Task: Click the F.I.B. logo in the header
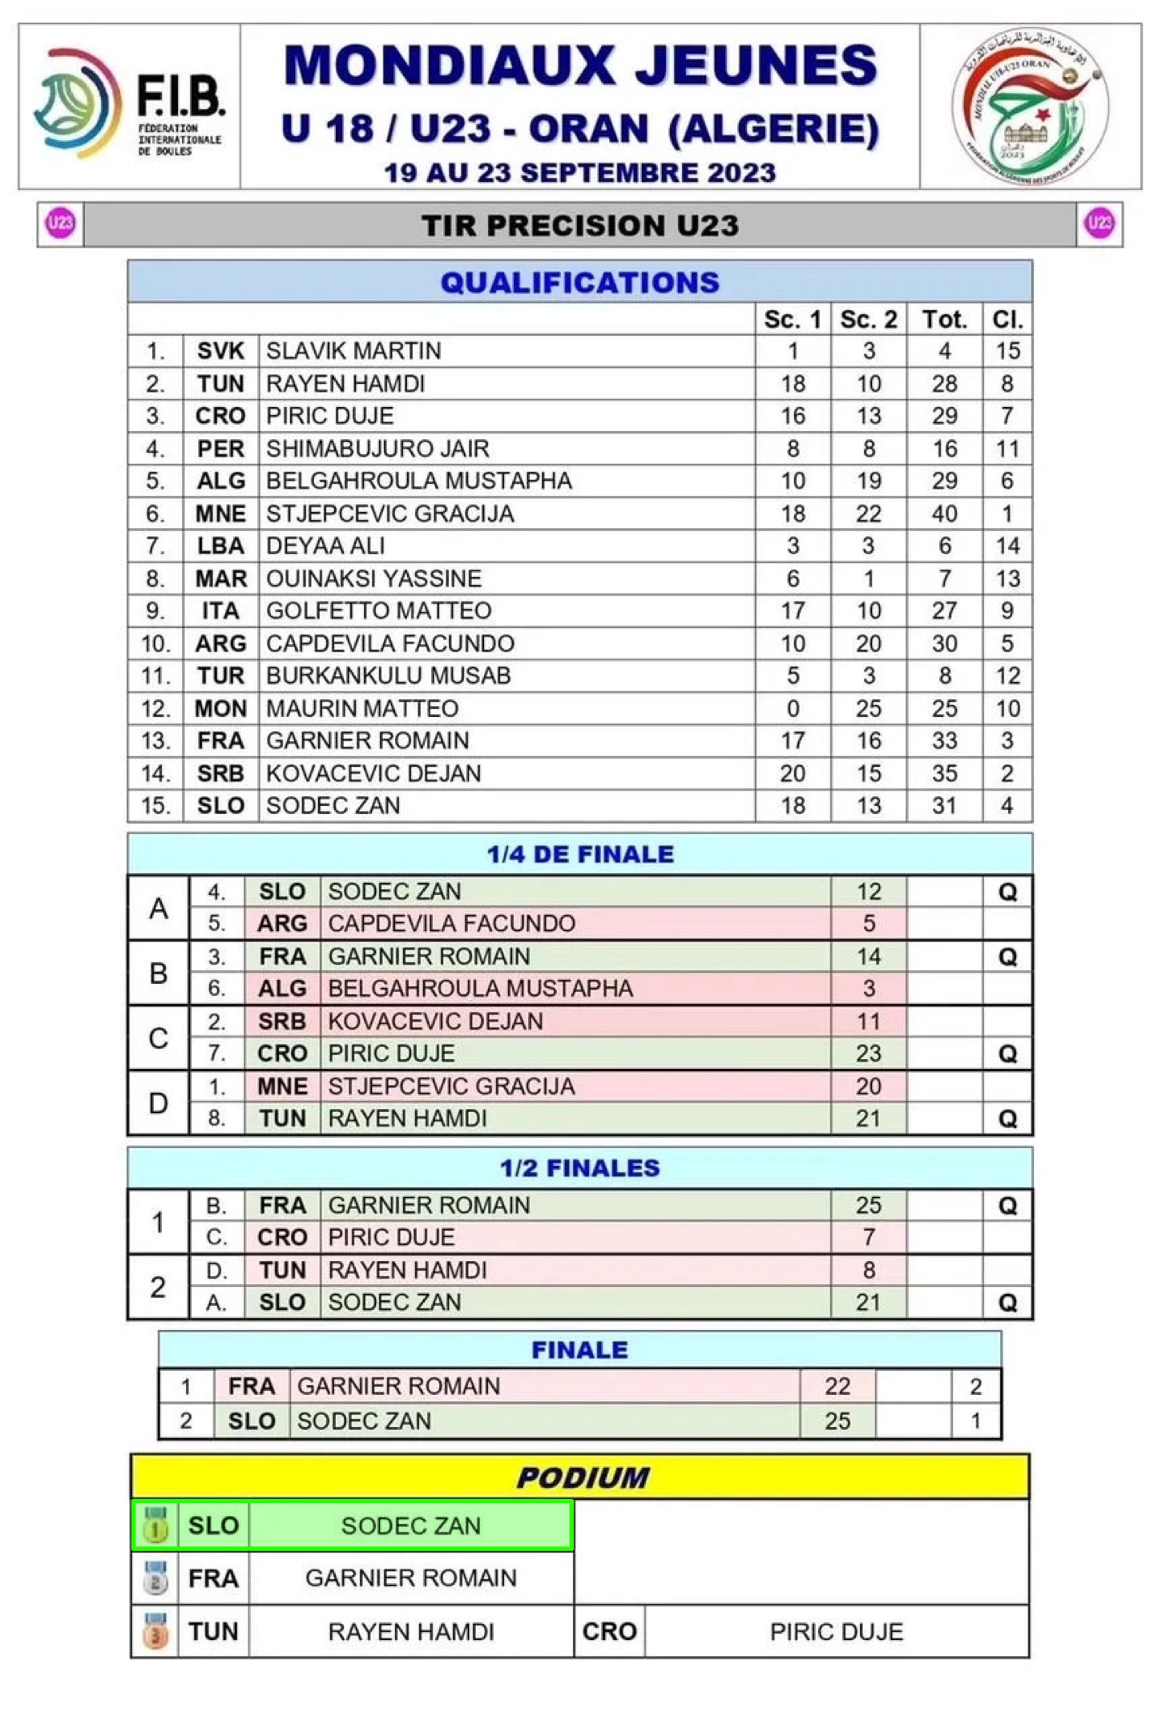128,105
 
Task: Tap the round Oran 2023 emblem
1030,107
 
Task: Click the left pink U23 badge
61,224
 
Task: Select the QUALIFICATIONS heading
579,282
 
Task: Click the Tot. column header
944,320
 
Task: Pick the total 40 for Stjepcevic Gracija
944,514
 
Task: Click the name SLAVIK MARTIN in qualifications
353,351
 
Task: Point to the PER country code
220,449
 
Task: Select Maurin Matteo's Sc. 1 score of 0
793,708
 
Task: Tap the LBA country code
220,546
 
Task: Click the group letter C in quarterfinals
159,1038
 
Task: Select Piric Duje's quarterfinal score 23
868,1054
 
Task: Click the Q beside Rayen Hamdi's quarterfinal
1007,1118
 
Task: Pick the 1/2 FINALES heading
579,1168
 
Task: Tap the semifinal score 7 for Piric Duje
868,1238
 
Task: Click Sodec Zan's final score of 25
837,1421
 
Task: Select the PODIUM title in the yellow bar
582,1477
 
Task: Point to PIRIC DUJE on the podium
836,1632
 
